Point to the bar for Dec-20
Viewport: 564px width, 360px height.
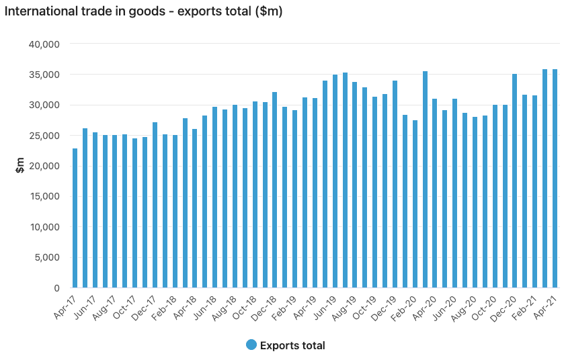pyautogui.click(x=514, y=181)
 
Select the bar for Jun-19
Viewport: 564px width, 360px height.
pyautogui.click(x=335, y=181)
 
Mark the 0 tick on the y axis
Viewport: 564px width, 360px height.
pyautogui.click(x=57, y=288)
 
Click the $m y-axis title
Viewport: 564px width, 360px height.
pyautogui.click(x=20, y=165)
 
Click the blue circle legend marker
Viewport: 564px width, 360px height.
pyautogui.click(x=251, y=345)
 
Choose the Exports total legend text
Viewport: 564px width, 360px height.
pyautogui.click(x=292, y=346)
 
